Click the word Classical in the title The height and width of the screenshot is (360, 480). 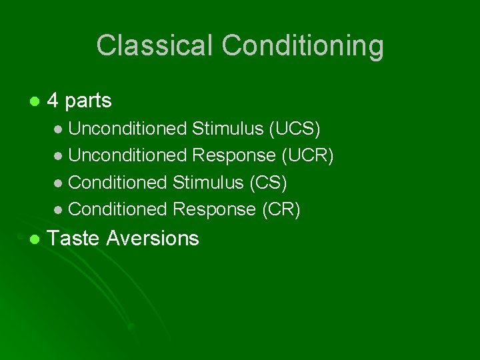(155, 46)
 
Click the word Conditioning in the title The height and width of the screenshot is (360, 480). (303, 46)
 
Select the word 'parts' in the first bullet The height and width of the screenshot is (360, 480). (88, 101)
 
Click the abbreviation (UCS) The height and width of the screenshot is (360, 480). (294, 128)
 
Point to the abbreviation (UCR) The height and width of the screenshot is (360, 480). (307, 155)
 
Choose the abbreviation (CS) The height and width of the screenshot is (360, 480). (268, 182)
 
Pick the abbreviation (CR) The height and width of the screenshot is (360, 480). (281, 209)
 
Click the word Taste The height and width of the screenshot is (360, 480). (74, 238)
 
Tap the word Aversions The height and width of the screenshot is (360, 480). (153, 238)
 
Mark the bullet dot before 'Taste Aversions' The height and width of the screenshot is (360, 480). (34, 239)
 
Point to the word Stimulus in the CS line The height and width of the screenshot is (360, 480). (208, 182)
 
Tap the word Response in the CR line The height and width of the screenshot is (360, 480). (214, 209)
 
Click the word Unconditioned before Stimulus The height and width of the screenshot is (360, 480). (127, 128)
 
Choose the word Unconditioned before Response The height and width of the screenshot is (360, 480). (127, 155)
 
